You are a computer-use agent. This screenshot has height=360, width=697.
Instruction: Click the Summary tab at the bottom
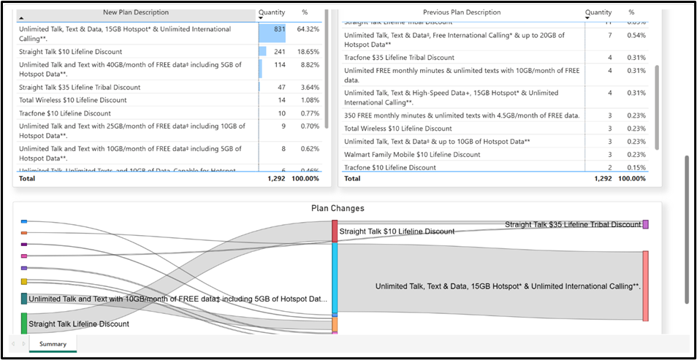53,344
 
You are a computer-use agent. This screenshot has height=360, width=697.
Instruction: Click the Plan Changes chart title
338,209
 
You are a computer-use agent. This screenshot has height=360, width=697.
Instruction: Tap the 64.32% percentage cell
308,29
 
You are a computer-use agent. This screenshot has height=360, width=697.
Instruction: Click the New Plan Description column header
135,12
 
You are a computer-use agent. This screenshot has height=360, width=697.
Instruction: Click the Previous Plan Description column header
462,12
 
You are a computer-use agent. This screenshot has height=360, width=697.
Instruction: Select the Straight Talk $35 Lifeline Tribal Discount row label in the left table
80,88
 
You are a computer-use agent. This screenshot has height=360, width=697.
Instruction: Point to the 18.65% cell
308,52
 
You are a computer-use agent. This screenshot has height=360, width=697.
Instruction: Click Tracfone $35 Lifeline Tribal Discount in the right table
399,58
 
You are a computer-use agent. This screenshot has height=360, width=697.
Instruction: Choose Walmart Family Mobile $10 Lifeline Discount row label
412,155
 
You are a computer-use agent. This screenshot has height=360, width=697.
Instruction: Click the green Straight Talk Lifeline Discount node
24,323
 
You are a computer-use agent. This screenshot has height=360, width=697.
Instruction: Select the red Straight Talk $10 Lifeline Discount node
335,231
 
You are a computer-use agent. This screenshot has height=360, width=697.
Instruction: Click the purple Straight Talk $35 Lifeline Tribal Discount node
645,225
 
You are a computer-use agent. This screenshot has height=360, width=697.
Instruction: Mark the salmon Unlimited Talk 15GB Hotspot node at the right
645,286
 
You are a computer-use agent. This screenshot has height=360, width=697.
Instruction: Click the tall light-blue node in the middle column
335,277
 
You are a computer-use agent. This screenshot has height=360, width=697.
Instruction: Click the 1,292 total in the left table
275,178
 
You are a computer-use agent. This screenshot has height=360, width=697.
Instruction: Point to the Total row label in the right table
352,178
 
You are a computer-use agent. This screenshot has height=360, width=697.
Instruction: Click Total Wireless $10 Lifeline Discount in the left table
72,100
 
